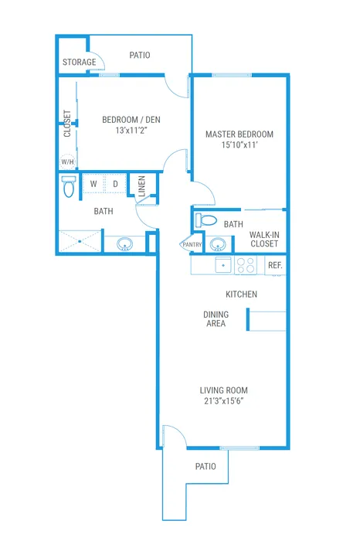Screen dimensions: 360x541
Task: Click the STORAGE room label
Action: point(79,62)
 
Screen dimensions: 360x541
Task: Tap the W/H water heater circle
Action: point(67,162)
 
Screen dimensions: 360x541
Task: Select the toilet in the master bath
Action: point(205,219)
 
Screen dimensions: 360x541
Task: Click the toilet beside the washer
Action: point(69,186)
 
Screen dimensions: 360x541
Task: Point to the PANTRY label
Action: point(192,245)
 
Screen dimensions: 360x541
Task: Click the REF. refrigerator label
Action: point(275,265)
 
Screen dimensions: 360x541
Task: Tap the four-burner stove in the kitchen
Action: point(246,265)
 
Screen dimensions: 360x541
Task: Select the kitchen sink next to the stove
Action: point(223,265)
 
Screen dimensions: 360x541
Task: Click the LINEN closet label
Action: point(141,186)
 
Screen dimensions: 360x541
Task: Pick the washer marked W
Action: point(93,184)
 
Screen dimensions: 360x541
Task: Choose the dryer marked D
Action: point(115,184)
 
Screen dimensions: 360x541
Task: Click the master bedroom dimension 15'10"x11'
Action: point(239,145)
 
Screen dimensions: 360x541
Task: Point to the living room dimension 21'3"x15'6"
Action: point(224,401)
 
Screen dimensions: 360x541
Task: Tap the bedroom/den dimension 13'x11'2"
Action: point(131,131)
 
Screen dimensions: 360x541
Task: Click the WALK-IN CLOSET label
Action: point(264,240)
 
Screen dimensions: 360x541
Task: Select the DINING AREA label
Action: point(216,319)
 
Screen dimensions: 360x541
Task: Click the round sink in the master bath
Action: point(218,244)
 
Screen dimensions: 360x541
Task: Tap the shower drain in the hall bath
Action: point(80,241)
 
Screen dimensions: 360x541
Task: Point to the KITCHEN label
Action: point(241,294)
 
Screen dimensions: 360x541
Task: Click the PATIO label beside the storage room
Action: point(140,55)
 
